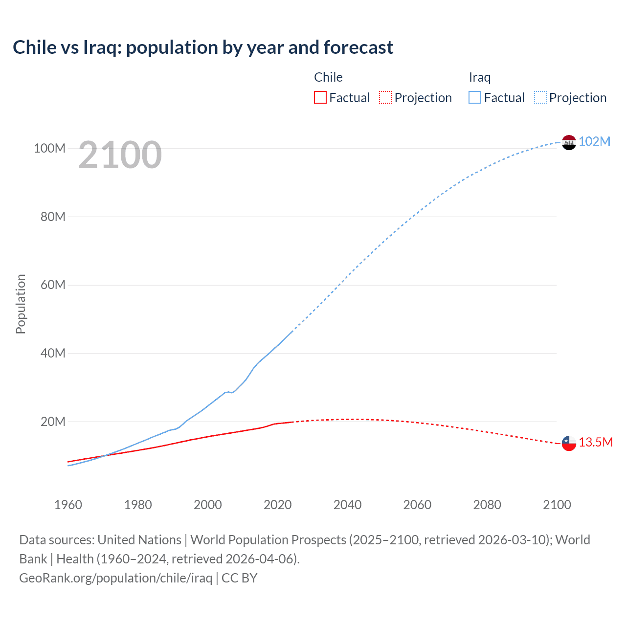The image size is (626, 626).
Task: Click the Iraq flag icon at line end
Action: (x=569, y=142)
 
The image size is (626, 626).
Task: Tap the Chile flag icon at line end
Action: (x=569, y=443)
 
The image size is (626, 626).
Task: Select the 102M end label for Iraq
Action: (x=594, y=141)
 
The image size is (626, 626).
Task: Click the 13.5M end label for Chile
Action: (x=595, y=443)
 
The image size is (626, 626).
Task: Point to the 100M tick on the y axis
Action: (x=49, y=148)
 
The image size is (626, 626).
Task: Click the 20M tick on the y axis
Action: (x=52, y=422)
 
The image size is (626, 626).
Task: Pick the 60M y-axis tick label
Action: (x=52, y=285)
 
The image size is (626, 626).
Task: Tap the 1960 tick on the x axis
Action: (x=68, y=505)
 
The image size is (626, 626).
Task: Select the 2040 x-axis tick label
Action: (x=347, y=505)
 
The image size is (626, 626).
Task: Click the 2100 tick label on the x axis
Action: (x=557, y=505)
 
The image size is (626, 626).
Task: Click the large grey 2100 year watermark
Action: (x=120, y=155)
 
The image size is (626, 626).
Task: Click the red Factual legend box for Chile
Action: (x=320, y=98)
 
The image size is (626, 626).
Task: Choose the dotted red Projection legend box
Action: (x=385, y=98)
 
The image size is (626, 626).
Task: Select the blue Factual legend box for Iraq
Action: (x=475, y=98)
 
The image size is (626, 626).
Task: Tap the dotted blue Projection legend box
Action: (x=540, y=98)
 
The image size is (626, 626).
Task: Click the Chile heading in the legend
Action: (x=328, y=77)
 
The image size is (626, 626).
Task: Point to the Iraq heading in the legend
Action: (x=479, y=77)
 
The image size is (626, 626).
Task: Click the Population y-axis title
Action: (x=21, y=304)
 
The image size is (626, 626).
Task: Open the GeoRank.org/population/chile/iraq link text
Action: (x=115, y=578)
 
